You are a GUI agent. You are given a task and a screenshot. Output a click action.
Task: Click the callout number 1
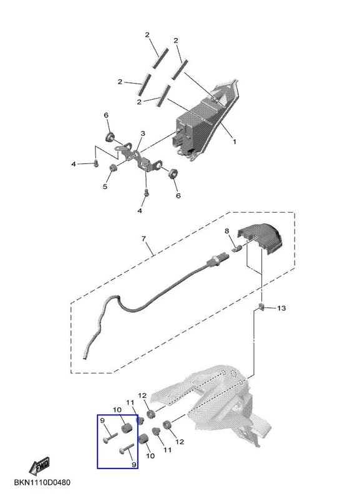(234, 142)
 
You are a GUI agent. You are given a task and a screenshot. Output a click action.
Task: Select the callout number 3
(143, 133)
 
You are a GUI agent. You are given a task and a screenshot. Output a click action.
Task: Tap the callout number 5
(105, 187)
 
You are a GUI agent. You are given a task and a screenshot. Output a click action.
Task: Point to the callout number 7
(144, 238)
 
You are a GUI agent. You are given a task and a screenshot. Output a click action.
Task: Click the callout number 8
(226, 231)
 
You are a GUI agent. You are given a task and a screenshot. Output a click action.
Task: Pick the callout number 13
(281, 308)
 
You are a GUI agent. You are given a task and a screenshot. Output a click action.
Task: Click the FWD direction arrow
(39, 465)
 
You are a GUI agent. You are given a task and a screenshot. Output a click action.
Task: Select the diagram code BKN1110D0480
(42, 482)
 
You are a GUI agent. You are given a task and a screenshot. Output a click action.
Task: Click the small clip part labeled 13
(261, 308)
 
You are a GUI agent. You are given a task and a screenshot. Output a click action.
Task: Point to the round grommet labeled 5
(112, 168)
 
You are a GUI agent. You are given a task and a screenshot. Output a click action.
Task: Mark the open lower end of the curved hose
(85, 358)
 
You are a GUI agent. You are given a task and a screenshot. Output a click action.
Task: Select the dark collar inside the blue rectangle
(126, 427)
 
